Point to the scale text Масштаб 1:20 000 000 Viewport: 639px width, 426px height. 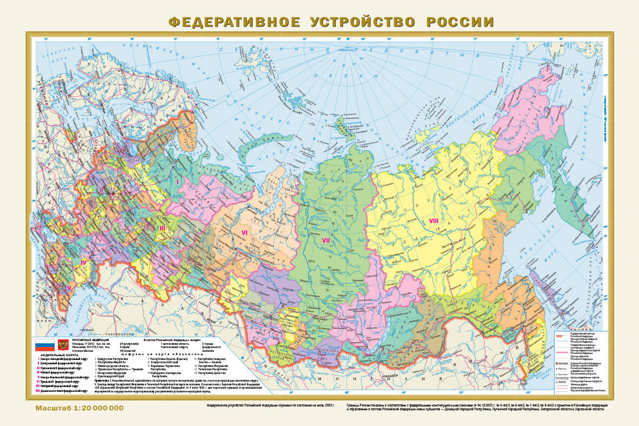[80, 408]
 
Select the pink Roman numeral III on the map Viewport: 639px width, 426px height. [162, 228]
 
